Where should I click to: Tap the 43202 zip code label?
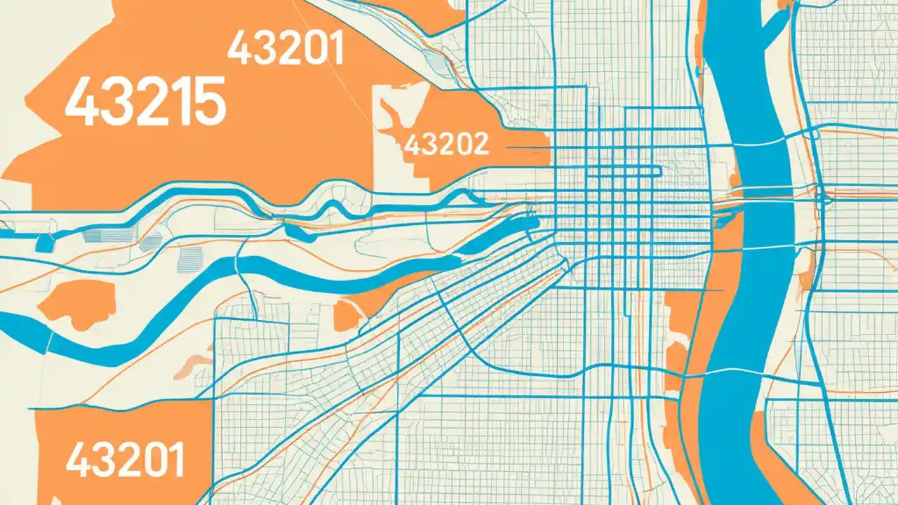point(446,144)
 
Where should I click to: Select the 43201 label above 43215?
point(286,48)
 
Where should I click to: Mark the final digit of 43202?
point(479,144)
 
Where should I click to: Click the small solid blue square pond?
point(44,243)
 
